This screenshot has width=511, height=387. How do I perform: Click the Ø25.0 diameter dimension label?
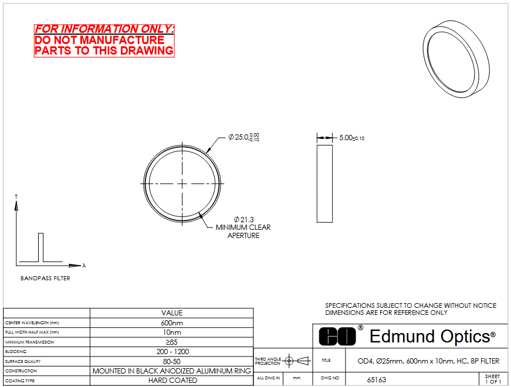(x=244, y=137)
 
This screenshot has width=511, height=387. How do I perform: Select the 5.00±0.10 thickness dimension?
(x=351, y=138)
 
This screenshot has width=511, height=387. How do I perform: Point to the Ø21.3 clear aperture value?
(x=244, y=219)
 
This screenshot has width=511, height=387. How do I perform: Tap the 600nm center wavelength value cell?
(x=172, y=323)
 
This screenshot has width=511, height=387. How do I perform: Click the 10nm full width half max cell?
(x=172, y=332)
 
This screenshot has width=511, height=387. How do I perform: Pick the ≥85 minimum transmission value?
(x=172, y=342)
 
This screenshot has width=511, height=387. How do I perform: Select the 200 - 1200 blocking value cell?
(x=172, y=351)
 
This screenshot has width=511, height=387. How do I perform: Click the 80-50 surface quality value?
(x=172, y=361)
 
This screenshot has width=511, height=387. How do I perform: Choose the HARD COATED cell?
(x=172, y=381)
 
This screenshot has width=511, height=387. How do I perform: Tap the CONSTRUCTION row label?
(x=21, y=371)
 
